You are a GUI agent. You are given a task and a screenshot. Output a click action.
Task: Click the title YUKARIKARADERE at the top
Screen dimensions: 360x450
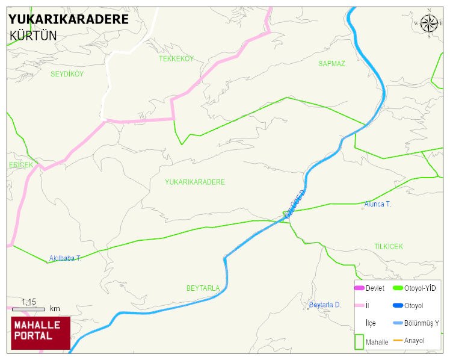69,19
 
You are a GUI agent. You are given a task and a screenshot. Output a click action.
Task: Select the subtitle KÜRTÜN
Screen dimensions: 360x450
33,36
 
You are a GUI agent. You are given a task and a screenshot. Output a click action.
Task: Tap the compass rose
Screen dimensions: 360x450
429,23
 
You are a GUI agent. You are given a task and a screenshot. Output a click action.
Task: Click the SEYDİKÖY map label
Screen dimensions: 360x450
67,74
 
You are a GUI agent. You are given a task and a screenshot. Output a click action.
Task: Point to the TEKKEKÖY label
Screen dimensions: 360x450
176,58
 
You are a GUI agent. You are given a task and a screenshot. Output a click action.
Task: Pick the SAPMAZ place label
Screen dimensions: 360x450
331,63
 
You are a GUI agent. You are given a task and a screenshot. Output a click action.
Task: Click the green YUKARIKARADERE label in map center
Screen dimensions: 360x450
194,182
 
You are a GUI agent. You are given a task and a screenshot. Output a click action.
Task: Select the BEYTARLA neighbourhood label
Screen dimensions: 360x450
203,288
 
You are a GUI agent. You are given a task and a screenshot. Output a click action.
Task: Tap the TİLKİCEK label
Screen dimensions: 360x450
388,247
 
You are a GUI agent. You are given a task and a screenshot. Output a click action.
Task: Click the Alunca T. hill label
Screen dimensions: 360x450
377,205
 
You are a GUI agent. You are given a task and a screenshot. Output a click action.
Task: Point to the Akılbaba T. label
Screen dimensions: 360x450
65,258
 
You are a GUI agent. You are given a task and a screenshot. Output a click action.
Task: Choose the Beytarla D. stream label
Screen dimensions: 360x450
325,305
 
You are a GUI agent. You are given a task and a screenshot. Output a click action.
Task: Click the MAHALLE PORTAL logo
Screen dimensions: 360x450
40,333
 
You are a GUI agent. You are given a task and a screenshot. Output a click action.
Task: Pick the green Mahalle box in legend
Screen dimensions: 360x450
359,341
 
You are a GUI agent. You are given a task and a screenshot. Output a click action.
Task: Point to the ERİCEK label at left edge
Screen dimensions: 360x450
20,165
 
